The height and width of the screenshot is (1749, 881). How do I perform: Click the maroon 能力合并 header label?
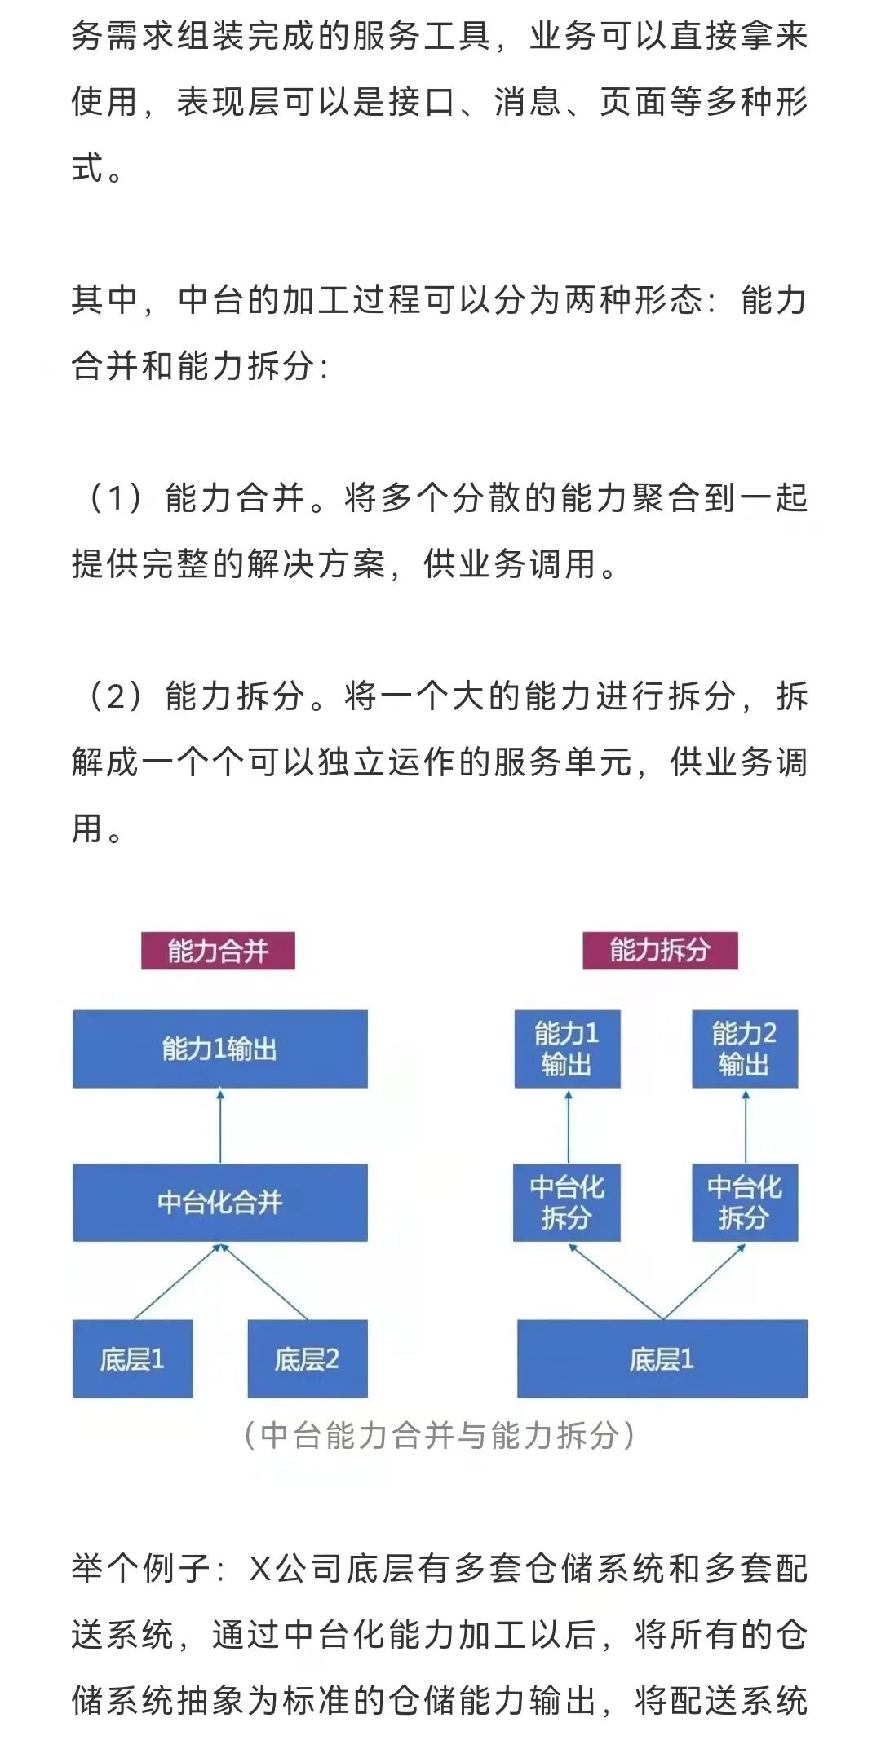218,951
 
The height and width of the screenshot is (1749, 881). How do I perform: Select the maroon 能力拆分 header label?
660,951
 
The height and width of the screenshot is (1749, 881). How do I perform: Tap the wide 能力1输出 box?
220,1049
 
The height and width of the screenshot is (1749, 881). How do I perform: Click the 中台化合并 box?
220,1202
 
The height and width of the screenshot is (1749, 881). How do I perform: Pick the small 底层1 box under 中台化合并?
133,1358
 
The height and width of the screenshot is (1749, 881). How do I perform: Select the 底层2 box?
308,1358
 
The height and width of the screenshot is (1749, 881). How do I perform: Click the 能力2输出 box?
745,1049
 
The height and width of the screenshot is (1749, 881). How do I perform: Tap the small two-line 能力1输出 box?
568,1049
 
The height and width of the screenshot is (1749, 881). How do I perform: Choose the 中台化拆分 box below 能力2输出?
745,1202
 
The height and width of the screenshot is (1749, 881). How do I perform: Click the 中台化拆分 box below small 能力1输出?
567,1202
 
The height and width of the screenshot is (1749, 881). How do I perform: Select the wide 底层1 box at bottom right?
662,1358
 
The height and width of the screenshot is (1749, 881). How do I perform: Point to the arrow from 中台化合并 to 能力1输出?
220,1126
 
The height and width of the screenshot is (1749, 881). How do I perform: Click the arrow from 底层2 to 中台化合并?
264,1282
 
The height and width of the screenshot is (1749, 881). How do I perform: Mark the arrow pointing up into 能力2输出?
746,1126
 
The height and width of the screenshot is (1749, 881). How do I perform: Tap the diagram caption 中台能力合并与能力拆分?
440,1436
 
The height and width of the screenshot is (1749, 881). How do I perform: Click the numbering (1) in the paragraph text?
115,497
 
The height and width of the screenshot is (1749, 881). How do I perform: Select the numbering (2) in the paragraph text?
115,696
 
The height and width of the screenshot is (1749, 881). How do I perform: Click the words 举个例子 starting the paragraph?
141,1568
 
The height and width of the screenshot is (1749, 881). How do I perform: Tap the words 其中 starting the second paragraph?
105,300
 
